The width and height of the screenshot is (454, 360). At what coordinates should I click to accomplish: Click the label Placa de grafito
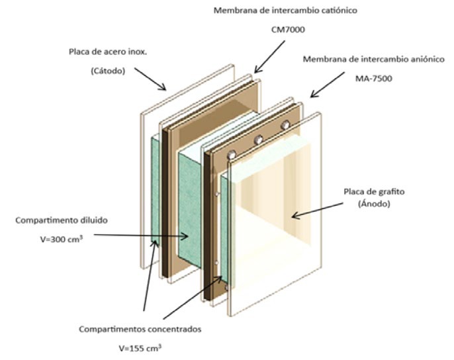click(375, 191)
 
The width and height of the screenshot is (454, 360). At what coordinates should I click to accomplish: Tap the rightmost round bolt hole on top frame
click(286, 125)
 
